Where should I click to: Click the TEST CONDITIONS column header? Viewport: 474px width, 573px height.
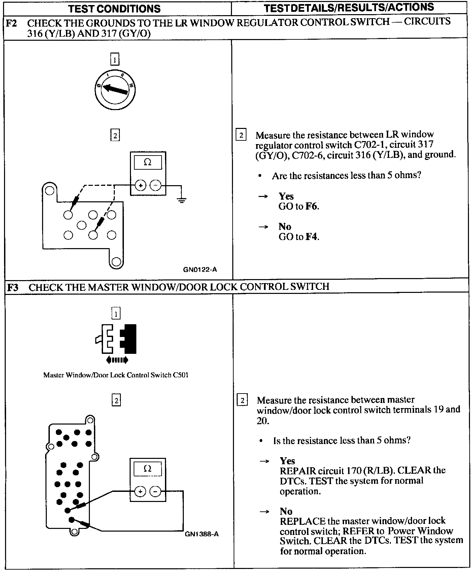114,8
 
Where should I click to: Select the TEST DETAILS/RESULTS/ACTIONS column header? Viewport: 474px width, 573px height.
349,8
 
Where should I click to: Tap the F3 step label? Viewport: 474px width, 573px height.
13,287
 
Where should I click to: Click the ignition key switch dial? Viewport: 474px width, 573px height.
115,90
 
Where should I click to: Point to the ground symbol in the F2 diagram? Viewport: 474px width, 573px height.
182,201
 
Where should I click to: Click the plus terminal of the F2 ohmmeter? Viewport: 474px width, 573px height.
141,185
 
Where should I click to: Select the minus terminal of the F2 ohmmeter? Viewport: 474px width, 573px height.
155,185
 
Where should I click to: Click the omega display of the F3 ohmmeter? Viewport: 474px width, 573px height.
147,469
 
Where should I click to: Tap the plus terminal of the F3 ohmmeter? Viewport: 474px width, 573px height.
140,492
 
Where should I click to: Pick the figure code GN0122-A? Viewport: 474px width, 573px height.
200,269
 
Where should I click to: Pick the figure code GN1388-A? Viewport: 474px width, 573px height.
202,534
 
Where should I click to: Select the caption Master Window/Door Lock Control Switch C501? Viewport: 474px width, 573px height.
115,375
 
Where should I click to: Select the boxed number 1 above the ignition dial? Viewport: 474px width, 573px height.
115,60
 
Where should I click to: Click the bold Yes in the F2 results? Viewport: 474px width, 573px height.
286,196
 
